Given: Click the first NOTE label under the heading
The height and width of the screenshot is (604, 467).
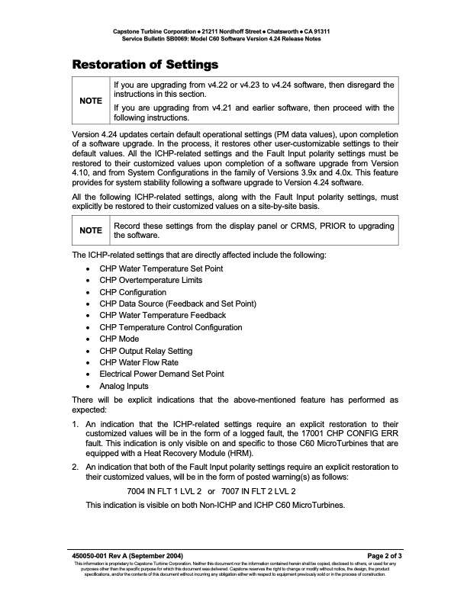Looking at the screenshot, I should coord(91,101).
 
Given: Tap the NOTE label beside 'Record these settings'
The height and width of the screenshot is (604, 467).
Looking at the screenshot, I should coord(91,230).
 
